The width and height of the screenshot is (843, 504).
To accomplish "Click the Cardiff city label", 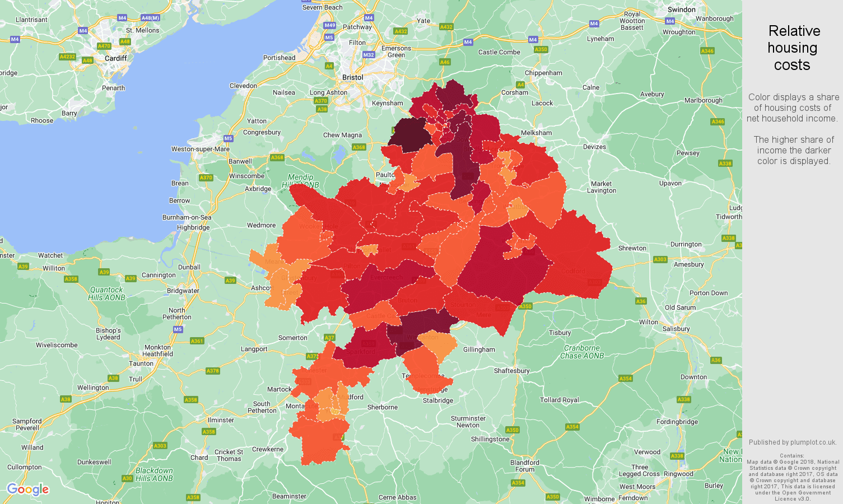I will point(115,58).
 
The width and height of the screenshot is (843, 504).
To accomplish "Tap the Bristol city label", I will point(352,77).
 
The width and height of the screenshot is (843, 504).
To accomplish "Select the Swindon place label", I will point(681,10).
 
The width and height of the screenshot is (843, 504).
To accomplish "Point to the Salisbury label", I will point(676,329).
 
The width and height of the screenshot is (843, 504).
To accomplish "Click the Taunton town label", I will point(141,363).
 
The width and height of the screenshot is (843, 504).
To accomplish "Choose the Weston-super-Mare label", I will point(201,149).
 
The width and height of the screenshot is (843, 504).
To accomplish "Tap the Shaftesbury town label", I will point(511,371).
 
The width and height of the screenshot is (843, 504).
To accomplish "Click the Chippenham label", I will point(543,73).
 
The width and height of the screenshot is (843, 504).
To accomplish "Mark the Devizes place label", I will point(594,147).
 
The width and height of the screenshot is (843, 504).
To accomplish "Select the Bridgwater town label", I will point(183,291).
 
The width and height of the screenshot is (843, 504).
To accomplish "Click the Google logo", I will point(28,489).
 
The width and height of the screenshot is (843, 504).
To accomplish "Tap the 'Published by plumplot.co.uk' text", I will point(793,442).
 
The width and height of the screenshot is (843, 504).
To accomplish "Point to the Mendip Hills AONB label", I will point(300,181).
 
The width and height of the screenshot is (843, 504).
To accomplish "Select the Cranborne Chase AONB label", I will point(582,352).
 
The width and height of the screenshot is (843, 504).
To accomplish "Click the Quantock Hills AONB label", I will point(106,293).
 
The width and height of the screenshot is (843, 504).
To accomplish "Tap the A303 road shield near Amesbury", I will point(660,259).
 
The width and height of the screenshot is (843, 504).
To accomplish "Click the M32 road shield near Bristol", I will point(368,55).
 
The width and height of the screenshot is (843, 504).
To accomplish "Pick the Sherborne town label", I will point(382,407).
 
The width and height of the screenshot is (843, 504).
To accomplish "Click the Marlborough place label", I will point(703,100).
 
